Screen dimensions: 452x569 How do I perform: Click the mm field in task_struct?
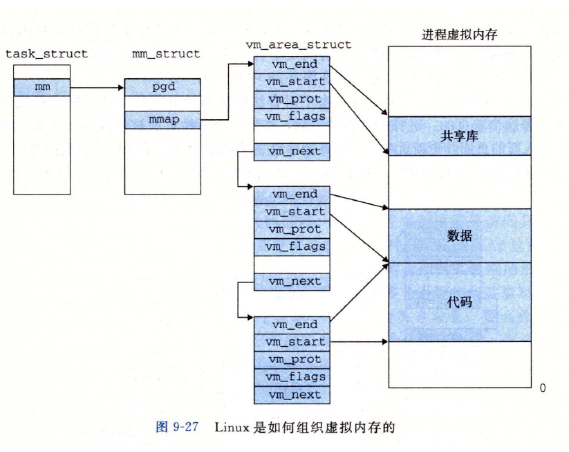pos(42,87)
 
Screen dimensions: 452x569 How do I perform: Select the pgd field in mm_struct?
pos(162,87)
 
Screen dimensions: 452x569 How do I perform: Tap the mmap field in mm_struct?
pos(162,120)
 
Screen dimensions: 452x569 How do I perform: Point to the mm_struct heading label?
pos(165,53)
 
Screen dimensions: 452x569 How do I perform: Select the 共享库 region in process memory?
pos(460,136)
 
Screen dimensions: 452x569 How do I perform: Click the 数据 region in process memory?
pos(460,236)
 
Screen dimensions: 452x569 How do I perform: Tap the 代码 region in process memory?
pos(460,302)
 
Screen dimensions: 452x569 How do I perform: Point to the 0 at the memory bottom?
pos(541,388)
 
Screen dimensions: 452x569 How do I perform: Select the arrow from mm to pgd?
pos(97,88)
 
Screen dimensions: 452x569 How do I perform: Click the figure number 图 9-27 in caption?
pos(176,427)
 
